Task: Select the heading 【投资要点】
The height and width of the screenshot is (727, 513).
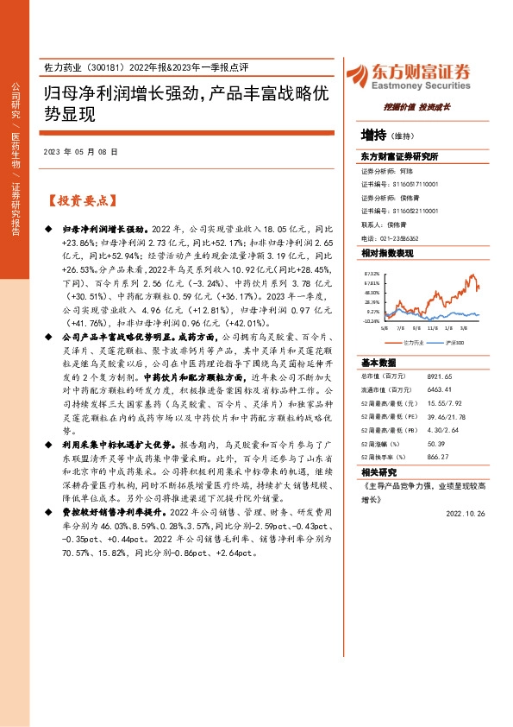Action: coord(79,200)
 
